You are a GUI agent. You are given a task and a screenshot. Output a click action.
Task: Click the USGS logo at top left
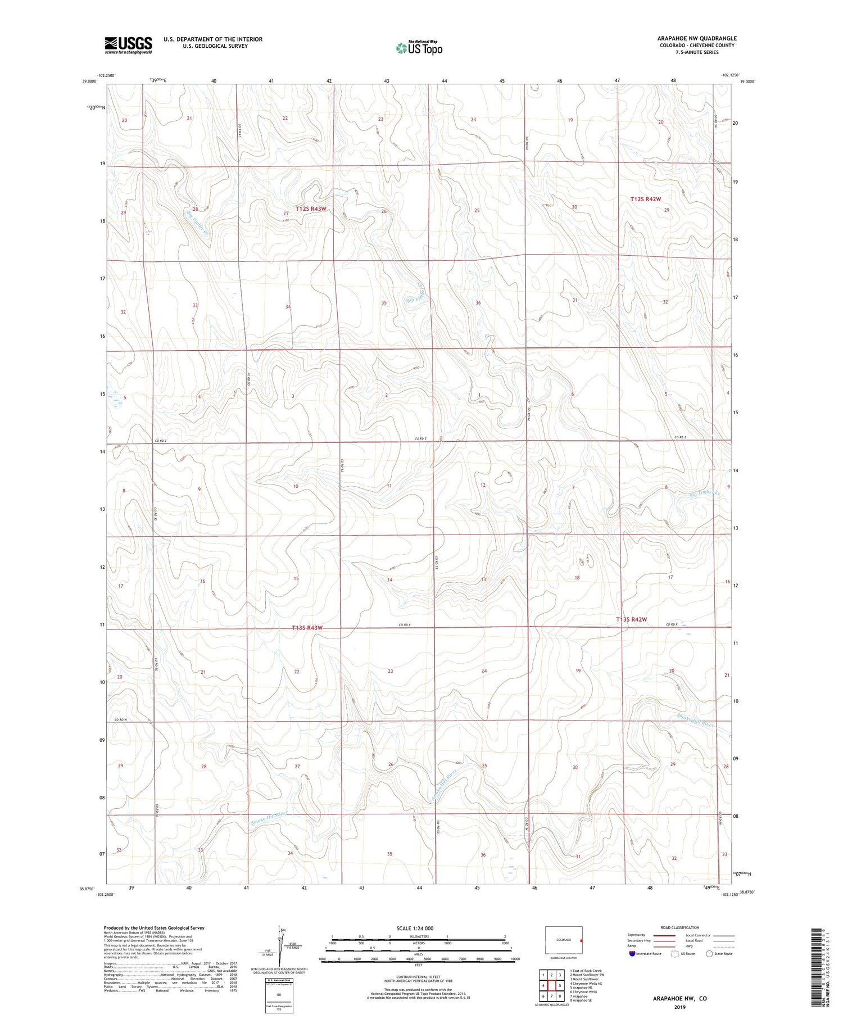(128, 45)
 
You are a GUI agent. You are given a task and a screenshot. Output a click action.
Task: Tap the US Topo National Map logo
(419, 48)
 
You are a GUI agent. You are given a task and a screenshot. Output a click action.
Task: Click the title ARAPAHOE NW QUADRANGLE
(697, 38)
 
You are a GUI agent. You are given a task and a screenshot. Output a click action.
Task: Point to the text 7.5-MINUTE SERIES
(697, 52)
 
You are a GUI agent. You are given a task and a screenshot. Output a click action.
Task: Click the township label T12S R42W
(645, 199)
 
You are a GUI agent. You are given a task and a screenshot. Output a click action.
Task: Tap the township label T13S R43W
(307, 628)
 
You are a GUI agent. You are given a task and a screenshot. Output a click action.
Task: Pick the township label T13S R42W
(631, 619)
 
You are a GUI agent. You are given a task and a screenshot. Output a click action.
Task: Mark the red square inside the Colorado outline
(581, 940)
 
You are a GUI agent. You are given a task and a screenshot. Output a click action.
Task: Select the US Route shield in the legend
(675, 954)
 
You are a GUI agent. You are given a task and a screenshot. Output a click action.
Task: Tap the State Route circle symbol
(709, 954)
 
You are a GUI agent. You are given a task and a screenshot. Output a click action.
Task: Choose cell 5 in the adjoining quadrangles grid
(560, 985)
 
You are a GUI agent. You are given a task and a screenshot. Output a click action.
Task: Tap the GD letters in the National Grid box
(279, 995)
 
